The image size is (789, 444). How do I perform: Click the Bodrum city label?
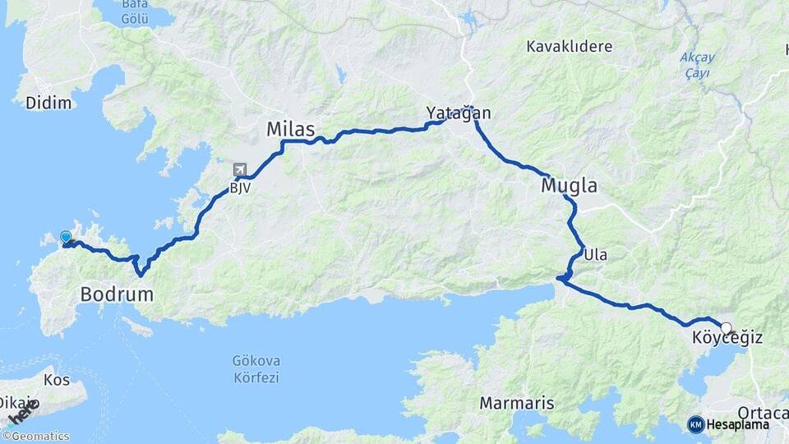[x=117, y=294]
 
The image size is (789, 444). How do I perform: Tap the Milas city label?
[x=291, y=129]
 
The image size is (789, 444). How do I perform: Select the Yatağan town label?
[x=458, y=113]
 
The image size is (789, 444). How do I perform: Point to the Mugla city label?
[x=569, y=186]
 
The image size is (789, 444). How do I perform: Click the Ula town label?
[x=596, y=255]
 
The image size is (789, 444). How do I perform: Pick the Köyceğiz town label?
[x=727, y=338]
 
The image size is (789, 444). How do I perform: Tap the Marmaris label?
[x=517, y=404]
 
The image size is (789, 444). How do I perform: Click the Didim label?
[x=48, y=103]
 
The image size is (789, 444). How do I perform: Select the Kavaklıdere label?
[x=570, y=46]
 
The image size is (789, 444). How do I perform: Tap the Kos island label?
[x=57, y=381]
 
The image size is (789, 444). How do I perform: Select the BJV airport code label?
[x=240, y=187]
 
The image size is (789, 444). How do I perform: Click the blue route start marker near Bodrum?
[x=66, y=237]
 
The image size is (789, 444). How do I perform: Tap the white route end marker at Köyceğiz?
[x=726, y=328]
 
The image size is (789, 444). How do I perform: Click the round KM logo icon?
[x=695, y=424]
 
